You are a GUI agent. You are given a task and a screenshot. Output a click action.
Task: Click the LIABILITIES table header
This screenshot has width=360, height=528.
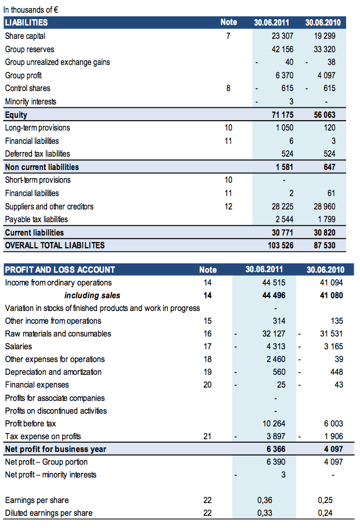[x=27, y=23]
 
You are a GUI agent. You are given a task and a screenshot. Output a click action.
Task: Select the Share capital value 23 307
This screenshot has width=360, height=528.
[x=282, y=36]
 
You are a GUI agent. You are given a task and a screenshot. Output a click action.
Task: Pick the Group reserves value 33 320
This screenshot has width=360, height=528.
[x=324, y=49]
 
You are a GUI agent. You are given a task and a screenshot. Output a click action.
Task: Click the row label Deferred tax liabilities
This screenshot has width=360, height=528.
[x=38, y=154]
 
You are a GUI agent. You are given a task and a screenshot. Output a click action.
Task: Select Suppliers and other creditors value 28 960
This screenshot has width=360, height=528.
[x=324, y=207]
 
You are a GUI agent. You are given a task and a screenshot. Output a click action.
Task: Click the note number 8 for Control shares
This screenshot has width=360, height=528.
[x=229, y=88]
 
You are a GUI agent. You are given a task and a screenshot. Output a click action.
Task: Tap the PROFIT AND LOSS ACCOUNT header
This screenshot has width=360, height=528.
[x=60, y=270]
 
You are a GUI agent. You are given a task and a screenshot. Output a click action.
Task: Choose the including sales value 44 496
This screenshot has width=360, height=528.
[x=274, y=295]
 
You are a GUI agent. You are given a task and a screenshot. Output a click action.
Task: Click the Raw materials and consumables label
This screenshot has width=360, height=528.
[x=58, y=334]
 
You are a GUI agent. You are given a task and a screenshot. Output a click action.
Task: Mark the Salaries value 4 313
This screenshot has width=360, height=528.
[x=275, y=346]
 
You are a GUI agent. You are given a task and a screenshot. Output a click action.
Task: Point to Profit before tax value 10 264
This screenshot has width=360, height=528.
[x=274, y=424]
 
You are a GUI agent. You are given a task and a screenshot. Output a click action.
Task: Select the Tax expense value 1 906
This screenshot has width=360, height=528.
[x=332, y=436]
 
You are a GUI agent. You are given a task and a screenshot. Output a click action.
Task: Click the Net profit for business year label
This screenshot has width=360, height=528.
[x=56, y=449]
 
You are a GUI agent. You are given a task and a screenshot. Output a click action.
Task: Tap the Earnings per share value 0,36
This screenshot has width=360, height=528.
[x=265, y=500]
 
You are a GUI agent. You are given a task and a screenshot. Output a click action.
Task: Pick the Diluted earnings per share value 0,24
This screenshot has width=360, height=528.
[x=326, y=513]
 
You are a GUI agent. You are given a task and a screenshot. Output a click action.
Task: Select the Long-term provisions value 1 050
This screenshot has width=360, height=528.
[x=283, y=128]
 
